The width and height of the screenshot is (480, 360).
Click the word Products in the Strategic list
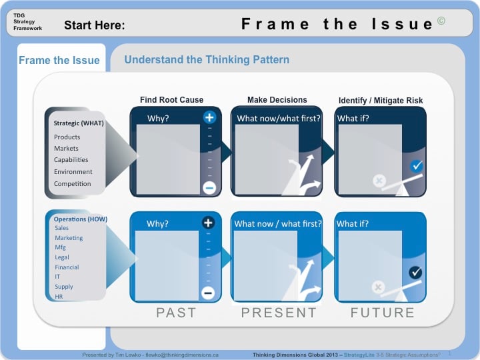(x=67, y=137)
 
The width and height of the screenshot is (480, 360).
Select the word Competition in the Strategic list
(x=73, y=184)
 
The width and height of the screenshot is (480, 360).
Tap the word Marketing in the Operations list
(x=69, y=238)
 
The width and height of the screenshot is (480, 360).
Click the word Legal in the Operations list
(x=62, y=257)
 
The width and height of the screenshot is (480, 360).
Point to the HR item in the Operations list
(x=59, y=297)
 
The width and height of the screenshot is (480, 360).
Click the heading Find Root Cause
(x=171, y=100)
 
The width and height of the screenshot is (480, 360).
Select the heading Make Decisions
(x=277, y=100)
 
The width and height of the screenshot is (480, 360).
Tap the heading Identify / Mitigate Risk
(x=381, y=101)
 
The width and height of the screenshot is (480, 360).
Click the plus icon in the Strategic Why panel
(x=209, y=118)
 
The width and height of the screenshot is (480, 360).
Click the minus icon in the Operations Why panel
(x=207, y=293)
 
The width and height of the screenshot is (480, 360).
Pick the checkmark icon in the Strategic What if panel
(x=417, y=166)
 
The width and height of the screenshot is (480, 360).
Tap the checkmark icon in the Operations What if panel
(x=415, y=272)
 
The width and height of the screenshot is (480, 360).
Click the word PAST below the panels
(x=176, y=313)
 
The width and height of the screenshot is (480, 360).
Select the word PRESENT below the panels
(x=279, y=313)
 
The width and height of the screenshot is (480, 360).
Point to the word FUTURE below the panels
(x=382, y=313)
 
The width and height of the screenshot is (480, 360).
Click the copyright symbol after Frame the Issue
(x=441, y=21)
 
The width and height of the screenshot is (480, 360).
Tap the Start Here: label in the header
(x=95, y=26)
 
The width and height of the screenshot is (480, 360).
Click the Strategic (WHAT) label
(x=79, y=123)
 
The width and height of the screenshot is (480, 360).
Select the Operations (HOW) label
(x=81, y=219)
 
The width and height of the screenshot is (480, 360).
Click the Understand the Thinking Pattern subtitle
(x=207, y=60)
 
